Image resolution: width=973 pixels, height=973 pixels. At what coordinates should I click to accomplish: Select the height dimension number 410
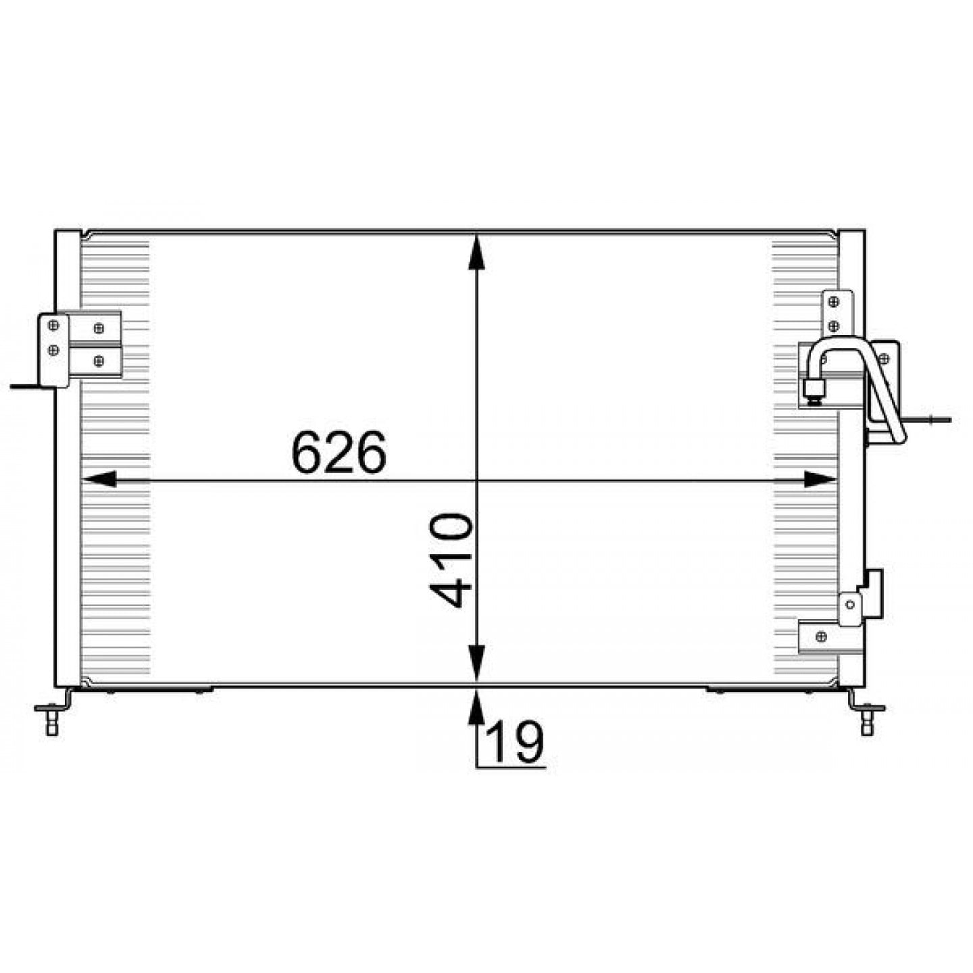coord(451,560)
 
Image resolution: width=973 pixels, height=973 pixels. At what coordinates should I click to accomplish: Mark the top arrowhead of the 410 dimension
coord(476,252)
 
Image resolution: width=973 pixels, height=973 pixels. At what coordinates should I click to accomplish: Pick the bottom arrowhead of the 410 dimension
coord(476,662)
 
